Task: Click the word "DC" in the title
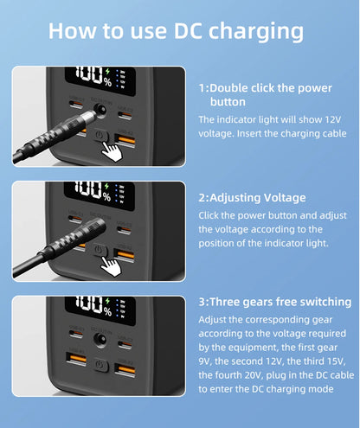[188, 31]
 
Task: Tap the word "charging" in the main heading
[256, 33]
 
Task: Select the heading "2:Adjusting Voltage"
[252, 198]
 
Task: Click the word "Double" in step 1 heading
[228, 88]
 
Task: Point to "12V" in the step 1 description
[333, 119]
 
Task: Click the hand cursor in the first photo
[112, 151]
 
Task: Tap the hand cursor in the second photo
[111, 266]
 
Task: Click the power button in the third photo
[100, 366]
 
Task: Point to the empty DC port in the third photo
[100, 339]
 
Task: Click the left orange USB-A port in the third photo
[76, 359]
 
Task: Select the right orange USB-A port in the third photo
[125, 369]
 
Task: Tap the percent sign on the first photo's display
[108, 82]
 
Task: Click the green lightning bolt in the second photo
[106, 186]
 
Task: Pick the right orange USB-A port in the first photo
[125, 140]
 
